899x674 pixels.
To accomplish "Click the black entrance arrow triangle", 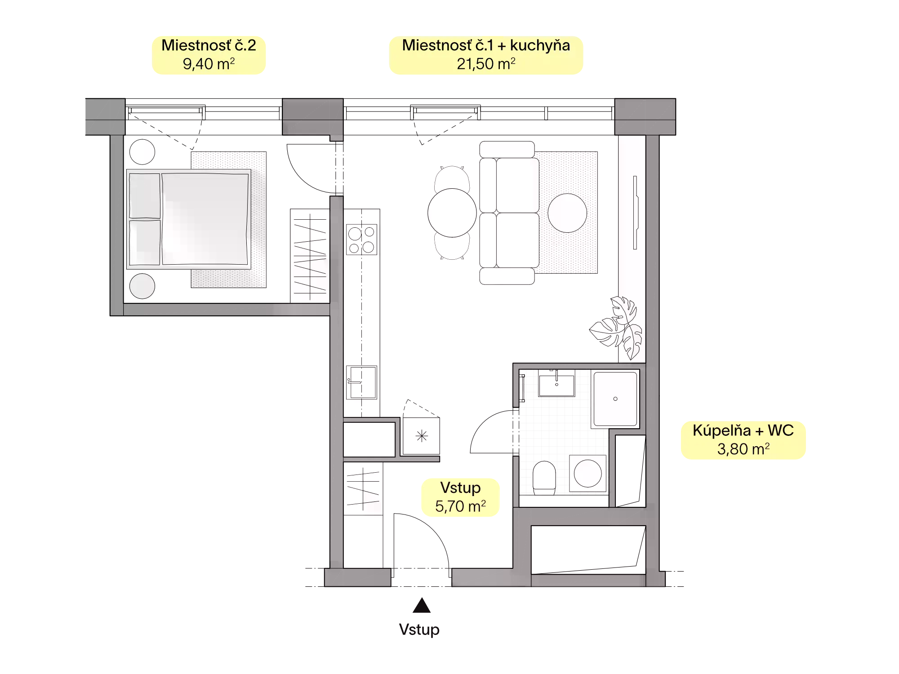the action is point(422,606).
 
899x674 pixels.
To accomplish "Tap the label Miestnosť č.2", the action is point(209,45).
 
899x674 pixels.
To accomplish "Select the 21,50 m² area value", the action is point(486,64).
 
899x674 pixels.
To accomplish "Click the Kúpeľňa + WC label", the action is point(743,430).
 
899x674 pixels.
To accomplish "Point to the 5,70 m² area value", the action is point(460,506).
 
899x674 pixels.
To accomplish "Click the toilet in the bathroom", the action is point(545,478).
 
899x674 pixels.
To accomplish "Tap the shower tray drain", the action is point(615,399).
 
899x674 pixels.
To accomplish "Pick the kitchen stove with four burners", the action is point(361,239).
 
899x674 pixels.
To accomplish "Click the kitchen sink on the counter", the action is point(361,382).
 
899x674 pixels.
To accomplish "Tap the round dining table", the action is point(452,213).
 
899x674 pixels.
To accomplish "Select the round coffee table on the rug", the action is point(567,213).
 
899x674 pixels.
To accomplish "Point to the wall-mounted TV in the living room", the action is point(636,212).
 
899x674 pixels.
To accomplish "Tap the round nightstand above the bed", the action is point(142,152).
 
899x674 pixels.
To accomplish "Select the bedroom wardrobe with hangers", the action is point(310,256).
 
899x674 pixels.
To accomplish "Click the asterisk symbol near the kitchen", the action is point(422,436).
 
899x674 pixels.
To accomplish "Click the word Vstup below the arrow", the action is point(419,630).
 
